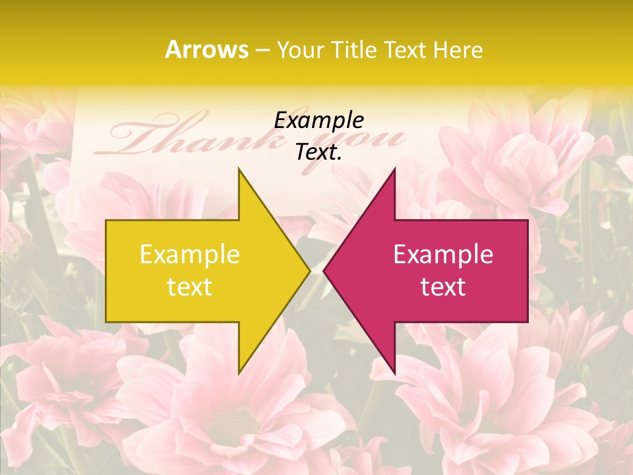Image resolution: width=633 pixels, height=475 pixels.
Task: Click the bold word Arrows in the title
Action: pyautogui.click(x=206, y=49)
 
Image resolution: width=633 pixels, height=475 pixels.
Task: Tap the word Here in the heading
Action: pyautogui.click(x=459, y=49)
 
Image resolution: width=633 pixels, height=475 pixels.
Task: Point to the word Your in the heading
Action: pyautogui.click(x=301, y=50)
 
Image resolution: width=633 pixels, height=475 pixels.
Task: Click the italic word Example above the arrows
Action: pyautogui.click(x=318, y=120)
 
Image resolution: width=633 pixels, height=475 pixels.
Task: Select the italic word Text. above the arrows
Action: pyautogui.click(x=318, y=152)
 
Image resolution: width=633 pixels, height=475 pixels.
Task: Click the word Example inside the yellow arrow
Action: pyautogui.click(x=190, y=255)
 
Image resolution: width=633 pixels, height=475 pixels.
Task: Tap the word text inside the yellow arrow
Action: pyautogui.click(x=190, y=287)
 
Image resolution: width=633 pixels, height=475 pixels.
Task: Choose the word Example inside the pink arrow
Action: pyautogui.click(x=443, y=255)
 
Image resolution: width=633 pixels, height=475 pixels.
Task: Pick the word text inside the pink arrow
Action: pyautogui.click(x=443, y=287)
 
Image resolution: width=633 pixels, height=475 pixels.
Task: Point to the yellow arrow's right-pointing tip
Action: pyautogui.click(x=309, y=270)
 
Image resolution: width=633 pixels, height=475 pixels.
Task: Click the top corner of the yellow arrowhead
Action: pyautogui.click(x=239, y=170)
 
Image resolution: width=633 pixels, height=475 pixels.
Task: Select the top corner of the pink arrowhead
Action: pyautogui.click(x=394, y=170)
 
